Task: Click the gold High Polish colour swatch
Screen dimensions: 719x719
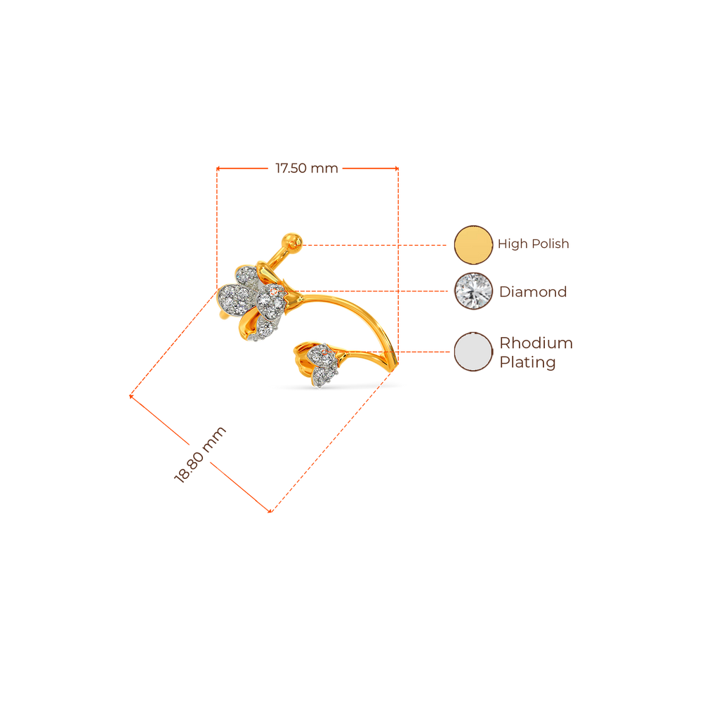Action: pyautogui.click(x=473, y=244)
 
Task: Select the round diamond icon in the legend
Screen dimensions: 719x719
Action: pyautogui.click(x=473, y=291)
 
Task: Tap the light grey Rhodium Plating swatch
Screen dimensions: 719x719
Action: pyautogui.click(x=473, y=352)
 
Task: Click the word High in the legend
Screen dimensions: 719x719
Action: pyautogui.click(x=512, y=244)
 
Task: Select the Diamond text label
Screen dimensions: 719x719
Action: pyautogui.click(x=533, y=291)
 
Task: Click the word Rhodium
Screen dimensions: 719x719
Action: pyautogui.click(x=536, y=343)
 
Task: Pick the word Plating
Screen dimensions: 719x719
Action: pyautogui.click(x=527, y=363)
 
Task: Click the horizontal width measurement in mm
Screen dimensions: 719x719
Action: pyautogui.click(x=306, y=169)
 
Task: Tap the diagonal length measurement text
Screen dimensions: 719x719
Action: pyautogui.click(x=199, y=454)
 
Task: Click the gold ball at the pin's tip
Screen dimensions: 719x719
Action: pyautogui.click(x=291, y=242)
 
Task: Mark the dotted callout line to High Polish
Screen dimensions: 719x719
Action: pyautogui.click(x=376, y=245)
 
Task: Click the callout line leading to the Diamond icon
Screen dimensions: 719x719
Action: pyautogui.click(x=372, y=289)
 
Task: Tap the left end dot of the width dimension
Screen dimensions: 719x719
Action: pyautogui.click(x=218, y=168)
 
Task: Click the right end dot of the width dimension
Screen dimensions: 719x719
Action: pyautogui.click(x=397, y=168)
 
